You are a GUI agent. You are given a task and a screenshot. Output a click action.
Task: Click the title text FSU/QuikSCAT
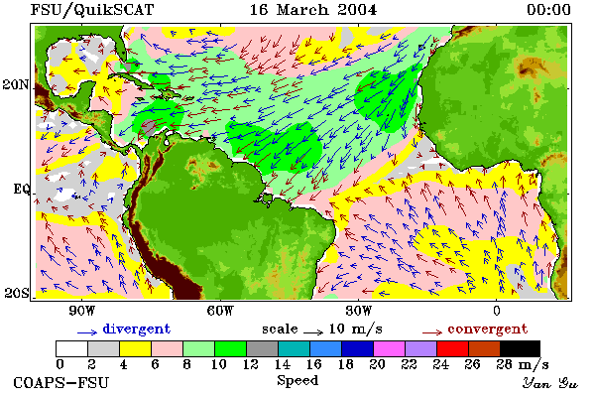coord(92,10)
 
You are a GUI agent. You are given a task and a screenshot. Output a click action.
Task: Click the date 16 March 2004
coord(313,10)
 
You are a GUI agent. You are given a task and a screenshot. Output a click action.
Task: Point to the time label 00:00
coord(548,10)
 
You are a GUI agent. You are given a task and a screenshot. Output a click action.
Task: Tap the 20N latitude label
coord(16,84)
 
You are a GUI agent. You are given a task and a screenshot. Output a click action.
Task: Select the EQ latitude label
coord(22,189)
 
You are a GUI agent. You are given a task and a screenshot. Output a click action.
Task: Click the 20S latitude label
coord(16,293)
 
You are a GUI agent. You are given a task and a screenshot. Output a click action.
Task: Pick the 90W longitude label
coord(81,311)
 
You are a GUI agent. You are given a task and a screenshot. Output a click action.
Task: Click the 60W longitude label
coord(220,311)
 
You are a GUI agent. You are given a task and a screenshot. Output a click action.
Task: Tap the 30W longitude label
coord(359,311)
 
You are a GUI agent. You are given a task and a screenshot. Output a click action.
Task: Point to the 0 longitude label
coord(497,311)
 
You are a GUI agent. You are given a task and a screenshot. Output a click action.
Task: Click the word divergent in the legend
coord(137,329)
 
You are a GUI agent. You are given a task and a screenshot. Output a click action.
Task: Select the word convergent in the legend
coord(488,329)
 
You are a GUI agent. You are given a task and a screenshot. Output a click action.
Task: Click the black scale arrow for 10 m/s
coord(313,332)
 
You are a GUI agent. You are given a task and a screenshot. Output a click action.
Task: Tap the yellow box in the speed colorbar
coord(136,348)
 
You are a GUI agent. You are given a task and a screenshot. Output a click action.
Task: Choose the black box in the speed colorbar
coord(520,348)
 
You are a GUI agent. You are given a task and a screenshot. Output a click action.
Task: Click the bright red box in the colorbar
coord(453,348)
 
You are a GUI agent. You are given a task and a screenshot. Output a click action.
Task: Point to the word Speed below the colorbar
coord(297,381)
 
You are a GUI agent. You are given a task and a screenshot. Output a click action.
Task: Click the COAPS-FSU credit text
coord(60,382)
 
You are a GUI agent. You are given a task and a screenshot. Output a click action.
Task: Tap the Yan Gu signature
coord(549,383)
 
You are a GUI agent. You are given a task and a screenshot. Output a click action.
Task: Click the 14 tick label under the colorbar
coord(282,364)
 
